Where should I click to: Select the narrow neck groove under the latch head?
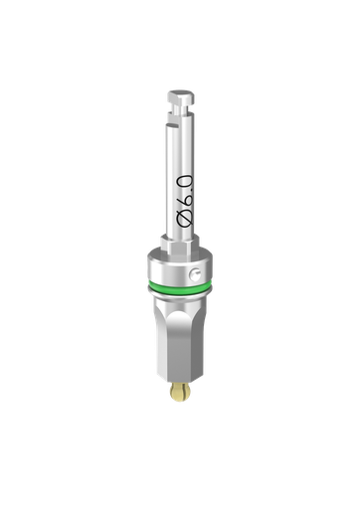[x=180, y=111]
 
